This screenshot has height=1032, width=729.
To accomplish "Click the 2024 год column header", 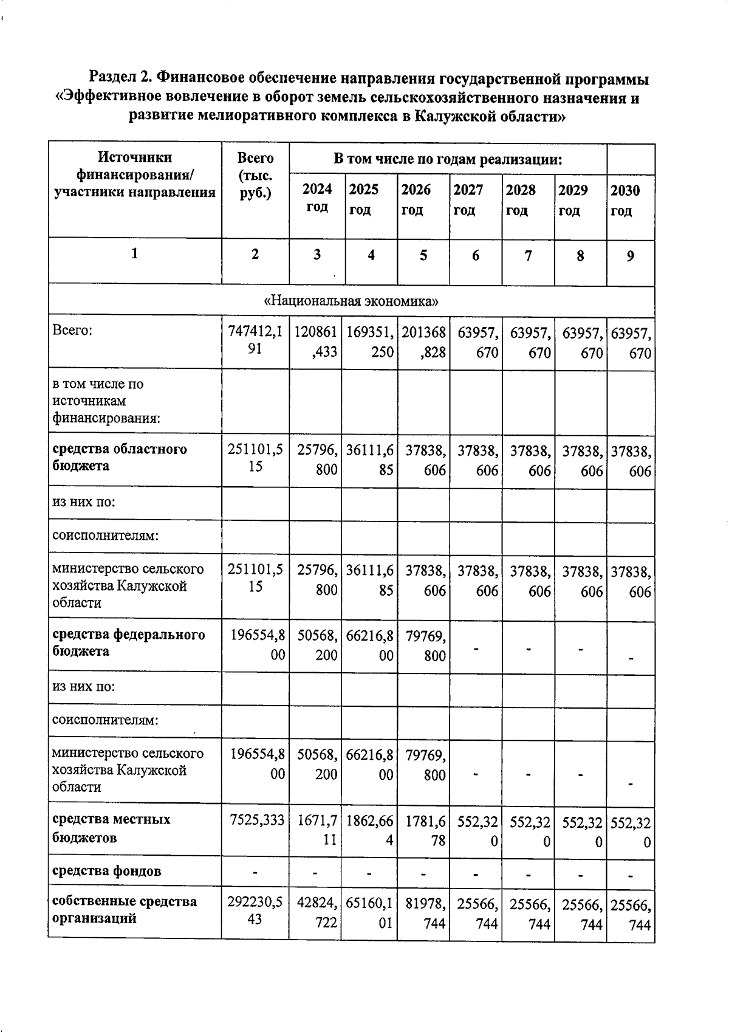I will click(x=317, y=198).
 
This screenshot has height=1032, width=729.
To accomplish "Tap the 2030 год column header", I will click(x=625, y=200).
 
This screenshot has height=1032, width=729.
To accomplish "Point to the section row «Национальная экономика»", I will click(x=351, y=301).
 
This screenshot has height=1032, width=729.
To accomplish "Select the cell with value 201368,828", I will click(x=423, y=342).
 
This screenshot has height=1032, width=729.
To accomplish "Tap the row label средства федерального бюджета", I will click(x=128, y=643).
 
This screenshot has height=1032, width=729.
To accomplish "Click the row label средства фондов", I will click(x=106, y=871).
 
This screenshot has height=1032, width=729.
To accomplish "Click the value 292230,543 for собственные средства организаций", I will click(x=255, y=910).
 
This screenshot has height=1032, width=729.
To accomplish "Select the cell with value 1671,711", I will click(x=317, y=831).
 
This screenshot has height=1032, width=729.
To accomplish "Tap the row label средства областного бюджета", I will click(x=119, y=458).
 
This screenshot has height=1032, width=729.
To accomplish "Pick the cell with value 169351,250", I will click(x=370, y=342).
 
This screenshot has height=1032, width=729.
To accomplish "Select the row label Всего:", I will click(x=72, y=331).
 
